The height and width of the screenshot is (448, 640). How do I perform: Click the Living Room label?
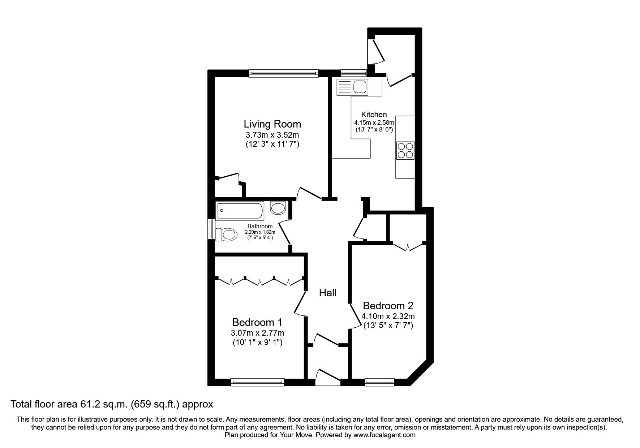coord(272,124)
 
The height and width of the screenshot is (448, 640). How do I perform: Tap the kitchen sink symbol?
coord(352,87)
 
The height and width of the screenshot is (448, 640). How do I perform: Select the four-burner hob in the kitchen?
coord(405,151)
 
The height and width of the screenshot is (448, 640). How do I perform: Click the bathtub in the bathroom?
coord(240,211)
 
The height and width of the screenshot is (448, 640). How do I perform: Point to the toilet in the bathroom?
coord(226,235)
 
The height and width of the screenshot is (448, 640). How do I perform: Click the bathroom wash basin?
coord(278,208)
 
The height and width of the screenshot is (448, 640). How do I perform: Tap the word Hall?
coord(328,293)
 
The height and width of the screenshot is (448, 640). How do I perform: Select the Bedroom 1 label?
coord(257,322)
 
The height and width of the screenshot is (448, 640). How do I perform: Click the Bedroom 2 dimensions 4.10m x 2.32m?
coord(388,316)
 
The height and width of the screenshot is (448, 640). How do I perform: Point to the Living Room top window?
coord(284,74)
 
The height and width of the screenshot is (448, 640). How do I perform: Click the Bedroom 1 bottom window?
coord(257,382)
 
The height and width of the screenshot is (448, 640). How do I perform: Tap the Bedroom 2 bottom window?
coord(379,382)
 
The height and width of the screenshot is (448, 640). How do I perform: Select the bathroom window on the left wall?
coord(210,229)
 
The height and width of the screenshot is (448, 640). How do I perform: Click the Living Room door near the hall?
coord(309,193)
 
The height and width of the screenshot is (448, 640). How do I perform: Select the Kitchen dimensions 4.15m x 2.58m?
coord(374,123)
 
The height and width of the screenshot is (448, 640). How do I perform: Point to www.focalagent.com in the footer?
coord(384,435)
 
